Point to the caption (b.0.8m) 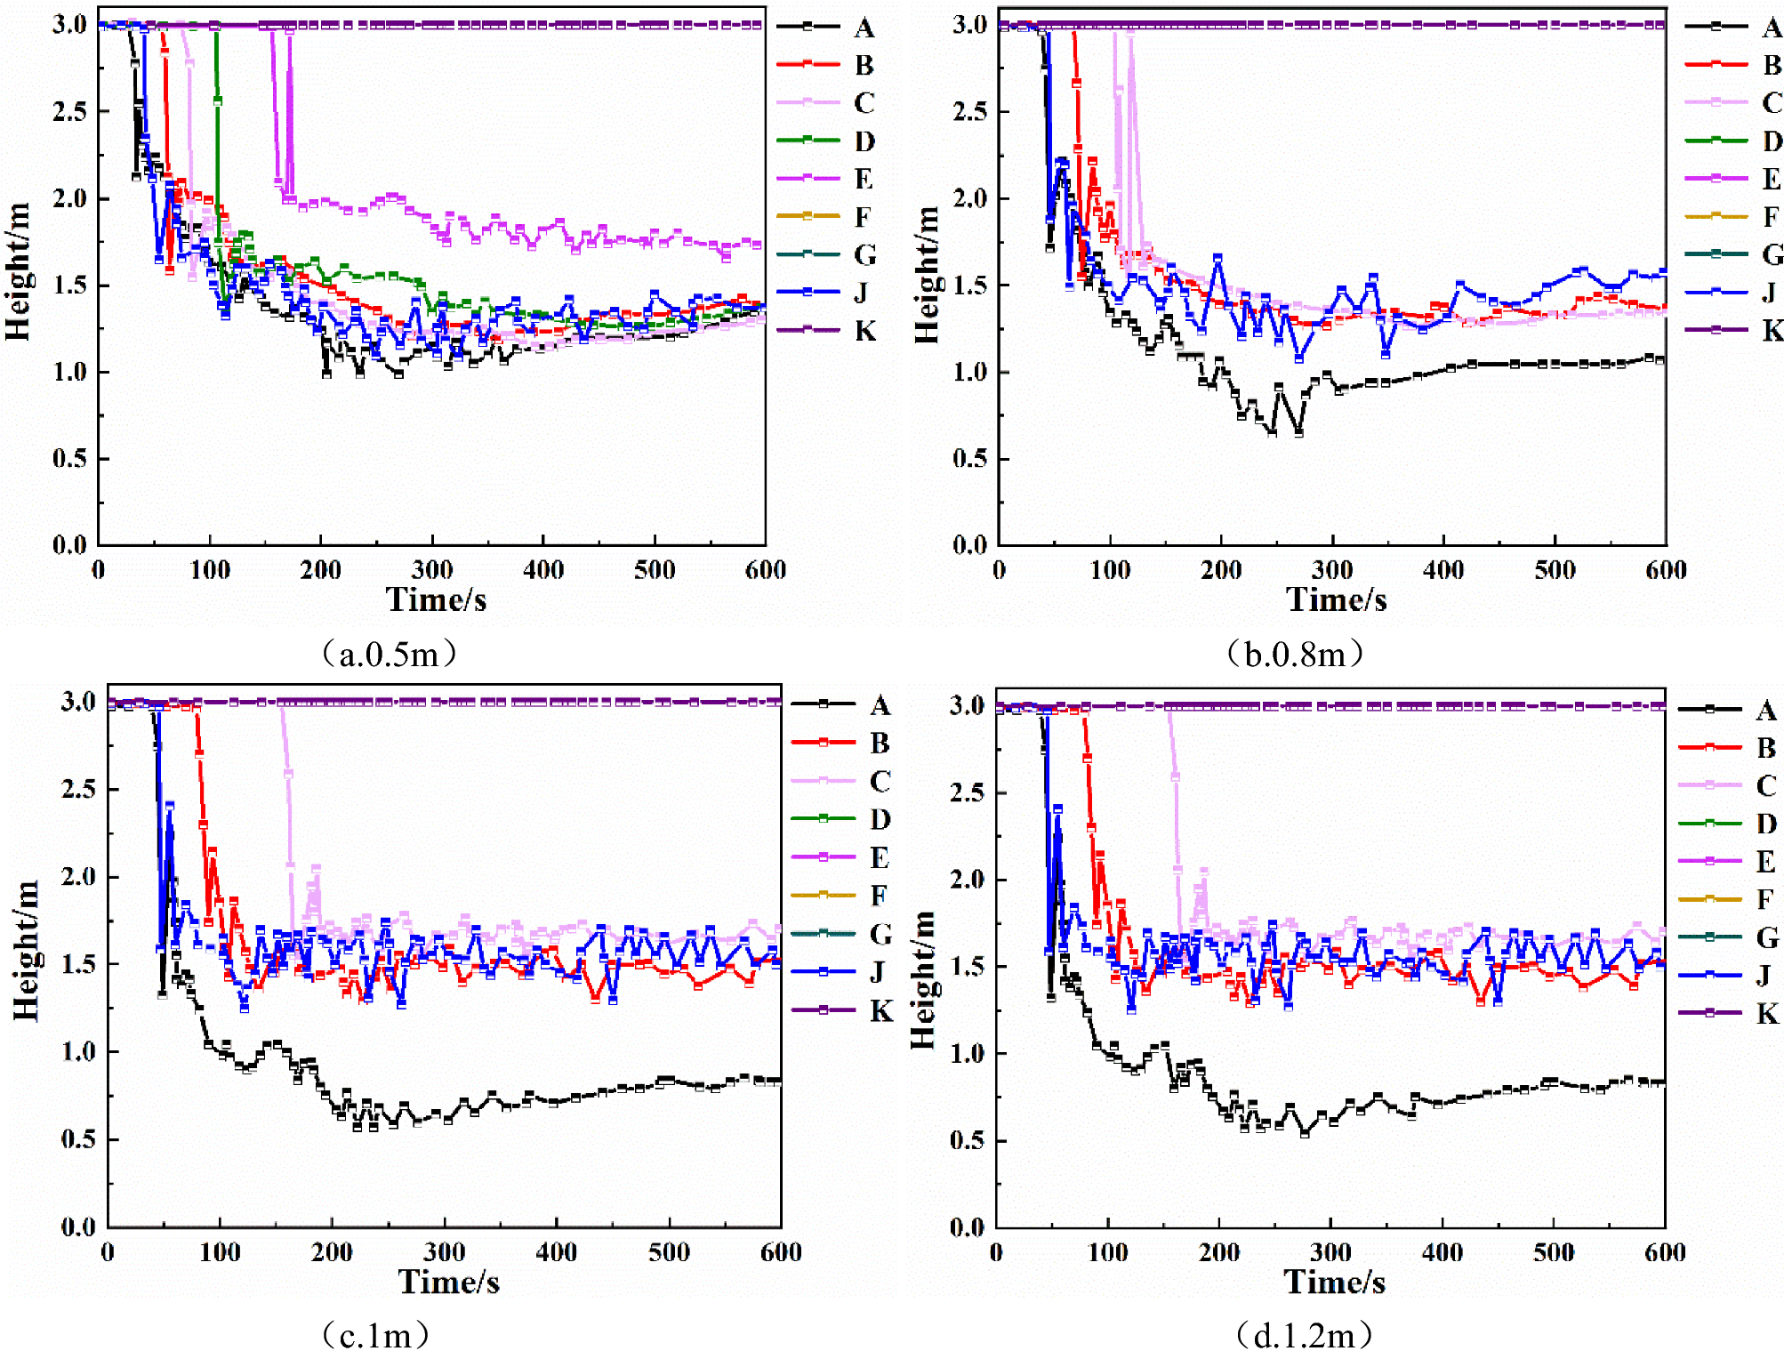pyautogui.click(x=1294, y=655)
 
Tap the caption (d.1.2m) pyautogui.click(x=1304, y=1335)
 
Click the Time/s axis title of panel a pyautogui.click(x=436, y=600)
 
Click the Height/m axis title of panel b pyautogui.click(x=927, y=275)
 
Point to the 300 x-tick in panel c pyautogui.click(x=444, y=1252)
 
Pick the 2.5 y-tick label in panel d pyautogui.click(x=966, y=792)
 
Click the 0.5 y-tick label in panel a pyautogui.click(x=69, y=459)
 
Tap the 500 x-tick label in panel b pyautogui.click(x=1555, y=570)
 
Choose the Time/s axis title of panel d pyautogui.click(x=1334, y=1282)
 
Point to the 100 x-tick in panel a pyautogui.click(x=210, y=570)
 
